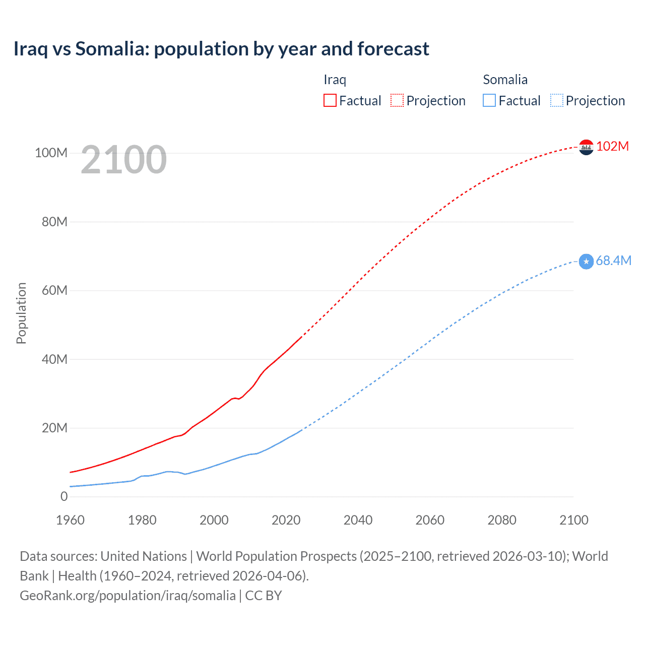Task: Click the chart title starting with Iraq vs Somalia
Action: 221,49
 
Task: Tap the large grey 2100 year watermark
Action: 123,160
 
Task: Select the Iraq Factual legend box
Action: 330,101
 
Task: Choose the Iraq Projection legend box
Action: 397,101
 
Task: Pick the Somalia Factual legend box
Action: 489,101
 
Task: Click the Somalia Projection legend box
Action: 557,101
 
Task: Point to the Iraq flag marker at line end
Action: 586,147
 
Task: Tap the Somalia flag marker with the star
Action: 586,262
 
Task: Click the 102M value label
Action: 613,146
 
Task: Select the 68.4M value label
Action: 613,261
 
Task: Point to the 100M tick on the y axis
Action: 51,153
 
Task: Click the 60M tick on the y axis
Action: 54,290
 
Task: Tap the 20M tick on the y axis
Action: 54,428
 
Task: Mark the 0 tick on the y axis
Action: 64,496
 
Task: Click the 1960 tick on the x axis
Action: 70,520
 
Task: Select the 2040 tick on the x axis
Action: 358,520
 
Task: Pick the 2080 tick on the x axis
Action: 502,520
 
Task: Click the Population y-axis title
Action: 21,313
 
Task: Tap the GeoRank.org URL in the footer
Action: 127,596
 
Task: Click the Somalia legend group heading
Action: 505,80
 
